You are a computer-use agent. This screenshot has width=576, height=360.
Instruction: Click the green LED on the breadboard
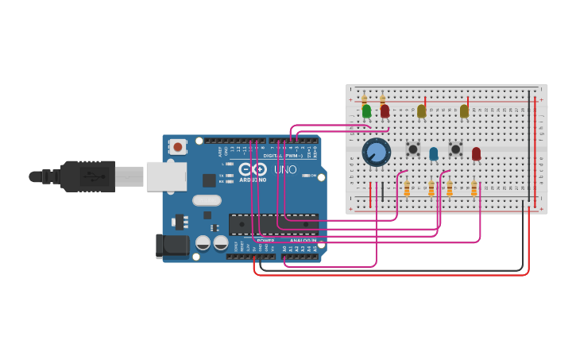pyautogui.click(x=366, y=111)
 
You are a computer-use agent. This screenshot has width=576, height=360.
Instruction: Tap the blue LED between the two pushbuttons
pyautogui.click(x=433, y=153)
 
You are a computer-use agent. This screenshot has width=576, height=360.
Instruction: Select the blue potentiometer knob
pyautogui.click(x=377, y=152)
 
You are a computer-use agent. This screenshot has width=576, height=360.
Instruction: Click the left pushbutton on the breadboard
pyautogui.click(x=412, y=149)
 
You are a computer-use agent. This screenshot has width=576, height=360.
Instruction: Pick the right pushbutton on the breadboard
pyautogui.click(x=455, y=149)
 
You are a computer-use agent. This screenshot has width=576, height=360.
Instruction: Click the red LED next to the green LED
pyautogui.click(x=385, y=111)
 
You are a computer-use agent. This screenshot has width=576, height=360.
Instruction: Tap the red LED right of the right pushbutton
pyautogui.click(x=476, y=153)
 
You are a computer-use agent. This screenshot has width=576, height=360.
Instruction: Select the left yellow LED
pyautogui.click(x=421, y=111)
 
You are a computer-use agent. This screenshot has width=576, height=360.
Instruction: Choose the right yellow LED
pyautogui.click(x=464, y=111)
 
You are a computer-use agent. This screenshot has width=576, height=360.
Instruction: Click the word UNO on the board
pyautogui.click(x=285, y=169)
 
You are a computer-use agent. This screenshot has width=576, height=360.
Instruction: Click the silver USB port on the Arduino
pyautogui.click(x=166, y=176)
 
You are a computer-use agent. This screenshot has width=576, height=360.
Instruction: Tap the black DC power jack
pyautogui.click(x=172, y=246)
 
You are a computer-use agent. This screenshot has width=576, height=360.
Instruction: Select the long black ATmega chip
pyautogui.click(x=273, y=224)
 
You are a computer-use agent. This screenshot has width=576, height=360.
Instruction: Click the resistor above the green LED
pyautogui.click(x=364, y=101)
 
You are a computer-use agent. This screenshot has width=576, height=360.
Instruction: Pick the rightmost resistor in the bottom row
pyautogui.click(x=474, y=188)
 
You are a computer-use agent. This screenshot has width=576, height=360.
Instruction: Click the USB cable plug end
pyautogui.click(x=87, y=176)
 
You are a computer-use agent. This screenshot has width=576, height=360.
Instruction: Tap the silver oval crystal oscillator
pyautogui.click(x=207, y=200)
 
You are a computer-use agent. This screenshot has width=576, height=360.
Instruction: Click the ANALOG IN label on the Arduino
pyautogui.click(x=303, y=240)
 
